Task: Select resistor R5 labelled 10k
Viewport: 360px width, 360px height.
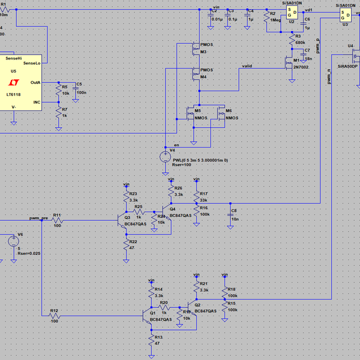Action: click(58, 91)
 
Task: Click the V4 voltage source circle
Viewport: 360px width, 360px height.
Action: click(165, 157)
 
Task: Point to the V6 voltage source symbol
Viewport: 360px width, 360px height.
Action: click(13, 242)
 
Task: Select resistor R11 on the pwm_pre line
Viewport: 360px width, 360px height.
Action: click(57, 220)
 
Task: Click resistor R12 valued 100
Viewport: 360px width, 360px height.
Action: click(54, 316)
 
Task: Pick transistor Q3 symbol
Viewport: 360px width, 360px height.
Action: click(123, 221)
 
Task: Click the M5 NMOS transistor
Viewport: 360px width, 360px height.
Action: click(192, 114)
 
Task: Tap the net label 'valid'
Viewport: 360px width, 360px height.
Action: click(246, 65)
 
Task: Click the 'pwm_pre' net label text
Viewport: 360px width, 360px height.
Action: click(38, 218)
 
